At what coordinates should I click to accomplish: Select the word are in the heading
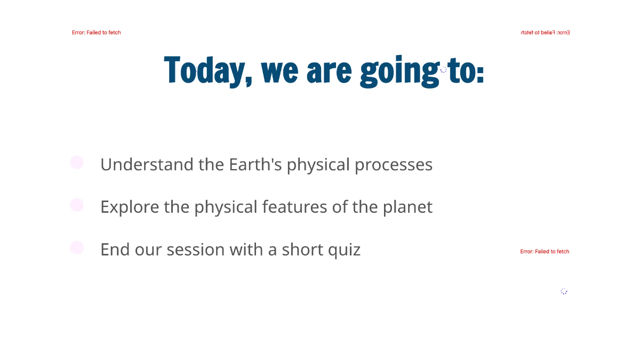(329, 71)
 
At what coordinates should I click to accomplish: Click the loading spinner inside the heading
(443, 69)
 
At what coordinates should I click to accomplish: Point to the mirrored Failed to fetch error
(545, 33)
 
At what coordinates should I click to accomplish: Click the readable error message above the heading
(97, 33)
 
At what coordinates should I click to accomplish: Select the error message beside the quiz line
(545, 251)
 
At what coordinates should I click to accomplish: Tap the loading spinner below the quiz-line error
(564, 291)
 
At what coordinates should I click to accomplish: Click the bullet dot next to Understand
(77, 162)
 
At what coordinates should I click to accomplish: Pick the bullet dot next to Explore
(77, 205)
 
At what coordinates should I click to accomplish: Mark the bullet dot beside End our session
(77, 247)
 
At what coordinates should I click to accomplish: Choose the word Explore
(130, 207)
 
